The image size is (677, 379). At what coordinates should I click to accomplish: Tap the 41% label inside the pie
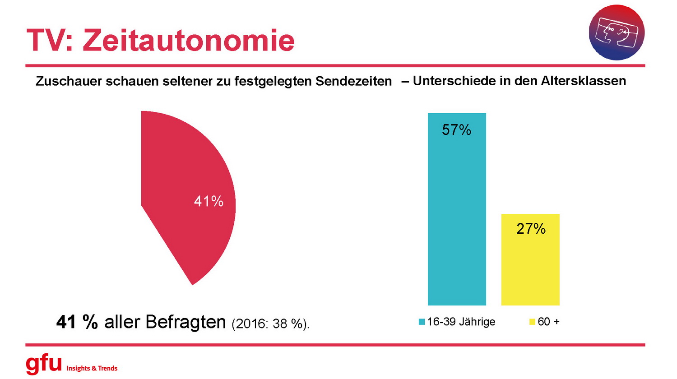click(209, 201)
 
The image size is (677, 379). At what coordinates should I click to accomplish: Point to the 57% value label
click(456, 130)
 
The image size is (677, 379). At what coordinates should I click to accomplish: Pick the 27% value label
click(531, 229)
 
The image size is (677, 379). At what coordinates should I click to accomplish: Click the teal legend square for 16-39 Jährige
click(422, 322)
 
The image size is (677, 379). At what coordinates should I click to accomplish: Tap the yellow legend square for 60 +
click(532, 322)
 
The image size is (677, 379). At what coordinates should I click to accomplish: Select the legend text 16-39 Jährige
click(461, 322)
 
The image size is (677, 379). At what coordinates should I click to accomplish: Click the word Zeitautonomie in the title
click(189, 41)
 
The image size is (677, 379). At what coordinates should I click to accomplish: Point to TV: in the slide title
click(50, 41)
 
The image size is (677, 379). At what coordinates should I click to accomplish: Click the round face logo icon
click(617, 32)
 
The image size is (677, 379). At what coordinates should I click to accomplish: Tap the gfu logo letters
click(43, 364)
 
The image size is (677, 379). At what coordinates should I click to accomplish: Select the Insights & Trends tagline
click(92, 368)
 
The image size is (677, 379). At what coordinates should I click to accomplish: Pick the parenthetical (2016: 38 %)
click(270, 324)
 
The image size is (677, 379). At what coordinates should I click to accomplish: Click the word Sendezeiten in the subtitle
click(353, 81)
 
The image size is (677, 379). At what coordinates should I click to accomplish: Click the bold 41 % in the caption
click(77, 322)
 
